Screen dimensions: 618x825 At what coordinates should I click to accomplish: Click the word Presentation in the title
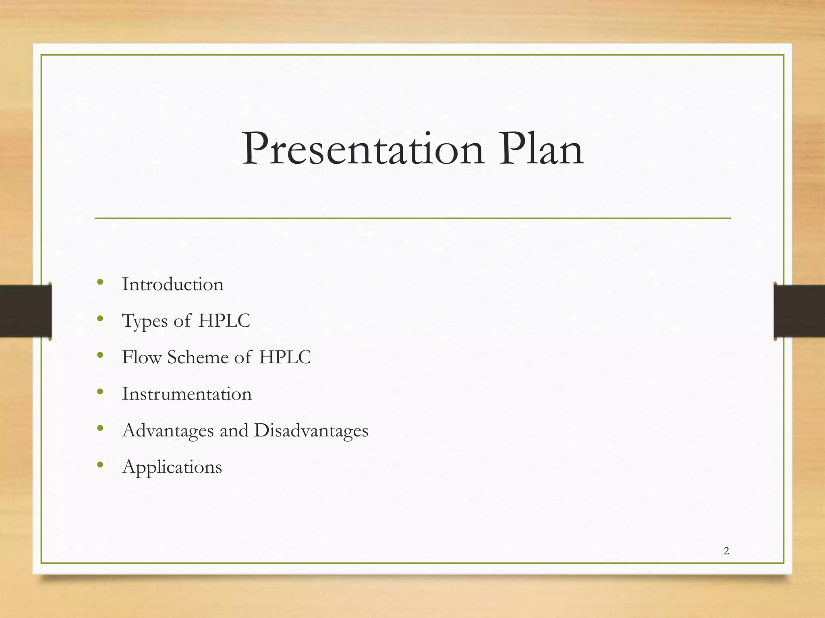363,150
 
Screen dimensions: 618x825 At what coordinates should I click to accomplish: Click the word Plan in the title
541,150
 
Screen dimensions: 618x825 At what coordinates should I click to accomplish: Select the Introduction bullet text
172,284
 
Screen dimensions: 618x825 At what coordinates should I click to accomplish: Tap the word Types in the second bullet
145,321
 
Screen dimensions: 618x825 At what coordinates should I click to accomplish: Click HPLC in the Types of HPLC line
224,321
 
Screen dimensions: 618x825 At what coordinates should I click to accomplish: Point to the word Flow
141,357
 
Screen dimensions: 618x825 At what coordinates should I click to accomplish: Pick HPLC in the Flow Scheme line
285,357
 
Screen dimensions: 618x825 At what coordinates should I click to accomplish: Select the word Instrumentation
187,394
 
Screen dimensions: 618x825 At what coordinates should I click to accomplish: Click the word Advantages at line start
168,431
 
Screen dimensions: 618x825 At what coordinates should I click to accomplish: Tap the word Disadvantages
311,431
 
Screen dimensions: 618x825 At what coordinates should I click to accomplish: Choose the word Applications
172,468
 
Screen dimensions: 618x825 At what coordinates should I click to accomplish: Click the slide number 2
726,551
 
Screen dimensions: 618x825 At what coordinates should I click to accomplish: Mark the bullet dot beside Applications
100,465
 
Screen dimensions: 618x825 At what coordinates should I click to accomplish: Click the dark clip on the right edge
799,311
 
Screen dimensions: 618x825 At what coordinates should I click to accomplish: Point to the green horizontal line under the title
412,218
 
